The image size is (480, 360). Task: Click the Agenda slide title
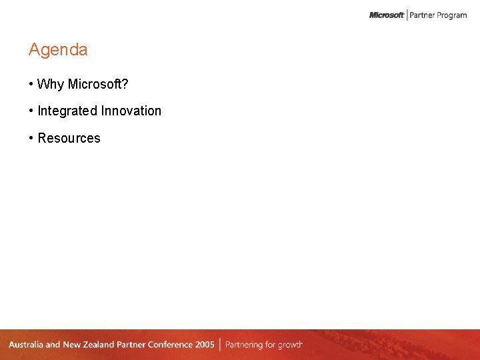58,50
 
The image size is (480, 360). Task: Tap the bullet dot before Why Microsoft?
31,85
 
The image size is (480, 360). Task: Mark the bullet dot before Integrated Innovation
31,111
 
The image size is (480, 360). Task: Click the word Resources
69,139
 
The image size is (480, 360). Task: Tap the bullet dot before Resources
31,139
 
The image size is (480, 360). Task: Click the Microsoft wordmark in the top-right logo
387,15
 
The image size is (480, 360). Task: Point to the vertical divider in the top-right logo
407,15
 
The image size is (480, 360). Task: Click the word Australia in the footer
25,345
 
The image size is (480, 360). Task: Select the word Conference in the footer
169,345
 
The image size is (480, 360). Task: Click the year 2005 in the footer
205,345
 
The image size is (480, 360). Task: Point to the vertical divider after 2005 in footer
220,345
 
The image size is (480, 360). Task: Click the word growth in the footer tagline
291,345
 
